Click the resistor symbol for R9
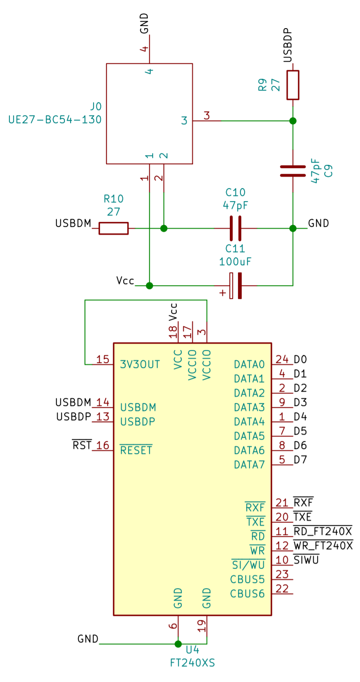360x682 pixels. point(293,85)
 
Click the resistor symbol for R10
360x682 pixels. point(113,228)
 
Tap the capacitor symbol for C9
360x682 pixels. point(293,171)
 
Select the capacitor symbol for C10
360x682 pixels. point(235,228)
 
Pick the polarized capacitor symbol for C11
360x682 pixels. point(236,286)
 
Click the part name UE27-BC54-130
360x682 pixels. point(55,120)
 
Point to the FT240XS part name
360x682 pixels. point(192,663)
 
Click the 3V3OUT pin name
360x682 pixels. point(140,364)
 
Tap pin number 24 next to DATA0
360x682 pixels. point(282,359)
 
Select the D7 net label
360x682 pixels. point(300,460)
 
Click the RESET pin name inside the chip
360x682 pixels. point(136,450)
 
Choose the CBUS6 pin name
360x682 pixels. point(247,593)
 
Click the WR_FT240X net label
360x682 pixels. point(323,546)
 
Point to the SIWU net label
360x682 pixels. point(306,560)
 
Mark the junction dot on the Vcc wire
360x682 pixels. point(149,286)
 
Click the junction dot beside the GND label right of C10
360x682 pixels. point(293,228)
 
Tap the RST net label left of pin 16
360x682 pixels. point(82,445)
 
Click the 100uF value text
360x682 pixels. point(235,261)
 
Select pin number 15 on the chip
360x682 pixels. point(102,359)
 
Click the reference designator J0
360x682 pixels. point(96,107)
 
